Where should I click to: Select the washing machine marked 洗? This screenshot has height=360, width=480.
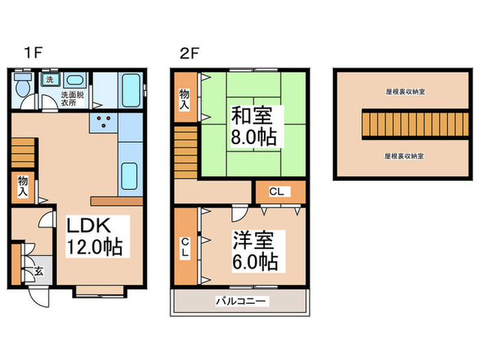(49, 80)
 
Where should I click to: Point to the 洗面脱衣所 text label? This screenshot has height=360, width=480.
(71, 98)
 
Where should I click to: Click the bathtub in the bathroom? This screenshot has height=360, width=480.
(130, 90)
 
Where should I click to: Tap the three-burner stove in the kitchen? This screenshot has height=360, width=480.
(104, 123)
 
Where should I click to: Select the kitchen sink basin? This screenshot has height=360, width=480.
(130, 177)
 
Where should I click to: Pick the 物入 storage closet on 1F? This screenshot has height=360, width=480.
(23, 187)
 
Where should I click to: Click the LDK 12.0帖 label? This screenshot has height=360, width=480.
(93, 236)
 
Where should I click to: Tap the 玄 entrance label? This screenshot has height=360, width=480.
(38, 271)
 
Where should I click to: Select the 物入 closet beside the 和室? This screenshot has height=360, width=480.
(184, 101)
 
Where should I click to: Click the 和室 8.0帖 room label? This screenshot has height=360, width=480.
(253, 125)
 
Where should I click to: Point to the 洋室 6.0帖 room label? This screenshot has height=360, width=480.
(253, 250)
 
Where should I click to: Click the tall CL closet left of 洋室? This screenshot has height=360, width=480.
(184, 247)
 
